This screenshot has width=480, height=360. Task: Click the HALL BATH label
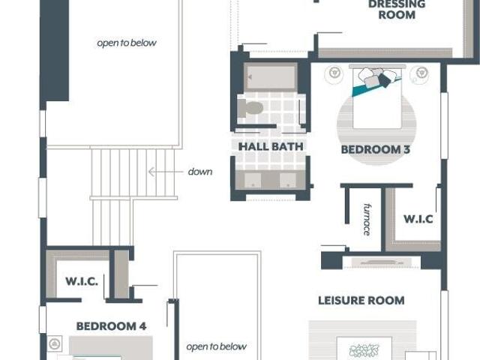point(271,147)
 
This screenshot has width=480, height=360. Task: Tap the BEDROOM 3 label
point(375,150)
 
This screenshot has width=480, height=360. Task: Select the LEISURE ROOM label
point(361,300)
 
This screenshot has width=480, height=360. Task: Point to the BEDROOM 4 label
point(111,326)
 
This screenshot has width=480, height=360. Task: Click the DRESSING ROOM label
point(397,10)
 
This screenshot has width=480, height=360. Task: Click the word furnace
point(367,219)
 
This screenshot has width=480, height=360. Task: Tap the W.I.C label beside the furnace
point(418,219)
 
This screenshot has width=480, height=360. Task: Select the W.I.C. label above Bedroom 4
point(82,281)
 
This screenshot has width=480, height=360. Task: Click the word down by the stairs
point(200,172)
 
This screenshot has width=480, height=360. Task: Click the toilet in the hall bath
point(250,108)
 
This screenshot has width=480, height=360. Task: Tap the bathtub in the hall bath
point(270,76)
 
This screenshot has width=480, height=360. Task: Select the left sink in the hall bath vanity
point(253,181)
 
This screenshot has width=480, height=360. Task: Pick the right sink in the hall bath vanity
point(288,181)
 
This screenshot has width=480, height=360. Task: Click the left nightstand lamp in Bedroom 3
point(334,73)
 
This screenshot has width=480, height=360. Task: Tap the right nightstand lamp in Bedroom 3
point(421,73)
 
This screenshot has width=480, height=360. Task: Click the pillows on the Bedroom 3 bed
point(375,77)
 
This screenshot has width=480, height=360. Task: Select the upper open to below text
point(127,43)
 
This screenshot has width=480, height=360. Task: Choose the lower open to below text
point(217,346)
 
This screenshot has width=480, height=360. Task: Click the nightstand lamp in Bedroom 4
point(55,343)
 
